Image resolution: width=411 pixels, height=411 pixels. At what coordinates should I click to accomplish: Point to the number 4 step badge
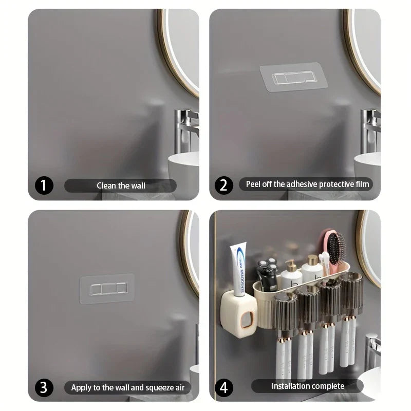[x=223, y=387]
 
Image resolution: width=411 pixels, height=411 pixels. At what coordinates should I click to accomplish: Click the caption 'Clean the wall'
[x=121, y=185]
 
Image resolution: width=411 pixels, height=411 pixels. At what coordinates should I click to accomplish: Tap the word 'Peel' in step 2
[x=255, y=184]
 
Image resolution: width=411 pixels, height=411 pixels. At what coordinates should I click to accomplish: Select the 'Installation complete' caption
[x=307, y=386]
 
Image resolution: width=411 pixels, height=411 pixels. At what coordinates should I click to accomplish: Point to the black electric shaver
[x=267, y=275]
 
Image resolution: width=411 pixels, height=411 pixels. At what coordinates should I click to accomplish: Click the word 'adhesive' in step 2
[x=301, y=184]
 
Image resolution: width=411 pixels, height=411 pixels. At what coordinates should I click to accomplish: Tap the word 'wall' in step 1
[x=137, y=185]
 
